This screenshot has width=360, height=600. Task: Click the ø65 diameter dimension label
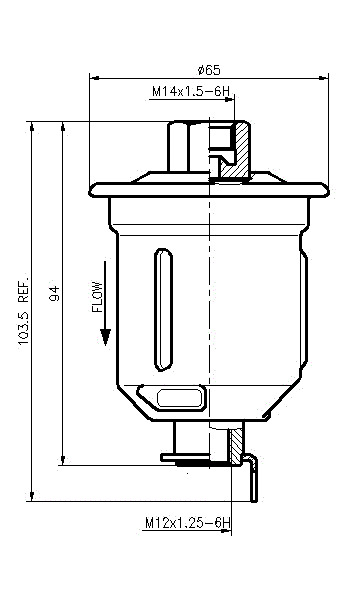tap(209, 70)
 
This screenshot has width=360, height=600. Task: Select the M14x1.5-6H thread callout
tap(191, 92)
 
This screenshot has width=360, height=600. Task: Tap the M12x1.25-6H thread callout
tap(188, 523)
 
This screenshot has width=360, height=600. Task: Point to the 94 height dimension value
tap(55, 293)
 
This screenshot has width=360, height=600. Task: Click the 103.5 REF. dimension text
tap(24, 309)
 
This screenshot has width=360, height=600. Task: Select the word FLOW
tap(98, 297)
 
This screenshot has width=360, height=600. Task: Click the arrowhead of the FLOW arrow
tap(105, 337)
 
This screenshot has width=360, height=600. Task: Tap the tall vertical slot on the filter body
tap(163, 310)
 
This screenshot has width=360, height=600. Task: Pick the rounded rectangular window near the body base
tap(180, 398)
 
